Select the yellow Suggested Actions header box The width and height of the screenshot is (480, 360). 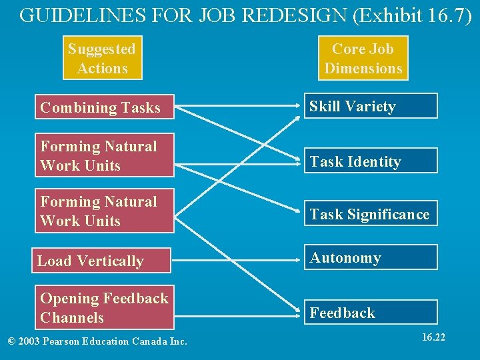pyautogui.click(x=102, y=59)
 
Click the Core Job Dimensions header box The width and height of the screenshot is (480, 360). pyautogui.click(x=363, y=59)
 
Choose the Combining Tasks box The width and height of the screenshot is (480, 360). pyautogui.click(x=105, y=107)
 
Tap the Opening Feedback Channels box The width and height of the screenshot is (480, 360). pyautogui.click(x=105, y=307)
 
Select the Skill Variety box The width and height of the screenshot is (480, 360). pyautogui.click(x=371, y=107)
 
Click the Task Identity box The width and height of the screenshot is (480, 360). pyautogui.click(x=371, y=161)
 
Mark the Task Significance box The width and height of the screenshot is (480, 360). pyautogui.click(x=371, y=214)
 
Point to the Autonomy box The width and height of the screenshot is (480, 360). pyautogui.click(x=371, y=258)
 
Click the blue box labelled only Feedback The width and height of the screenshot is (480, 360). pyautogui.click(x=371, y=313)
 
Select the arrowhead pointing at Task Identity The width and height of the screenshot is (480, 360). pyautogui.click(x=298, y=161)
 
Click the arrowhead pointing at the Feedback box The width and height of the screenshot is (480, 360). pyautogui.click(x=298, y=311)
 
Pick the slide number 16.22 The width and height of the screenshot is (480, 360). pyautogui.click(x=433, y=337)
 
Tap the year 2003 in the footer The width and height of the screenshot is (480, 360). pyautogui.click(x=31, y=342)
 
